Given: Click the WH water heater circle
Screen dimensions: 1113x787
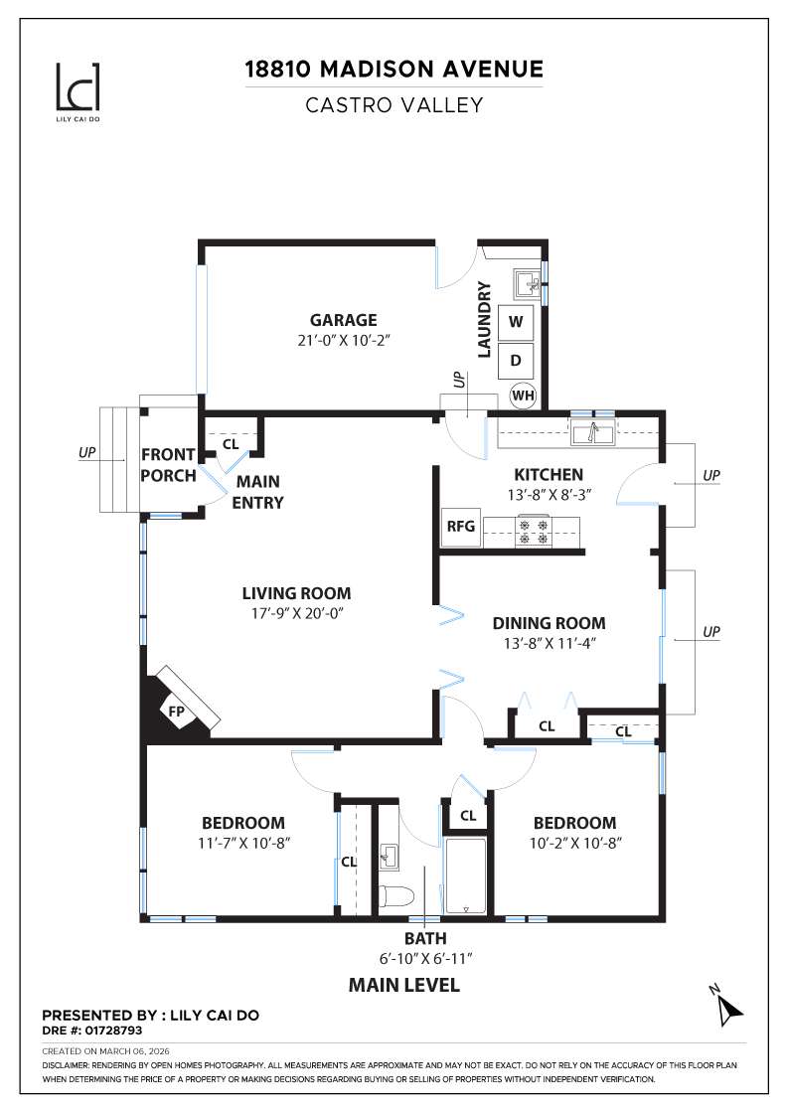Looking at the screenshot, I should pos(523,396).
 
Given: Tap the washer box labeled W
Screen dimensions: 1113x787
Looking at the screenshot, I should pos(516,322).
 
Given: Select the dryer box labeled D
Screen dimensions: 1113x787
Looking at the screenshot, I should pos(516,360).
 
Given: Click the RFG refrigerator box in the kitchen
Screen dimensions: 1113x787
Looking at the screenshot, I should pos(460,528).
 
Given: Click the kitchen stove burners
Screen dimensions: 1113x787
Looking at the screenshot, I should pos(532,531).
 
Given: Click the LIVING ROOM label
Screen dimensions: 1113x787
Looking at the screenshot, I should pos(296,593).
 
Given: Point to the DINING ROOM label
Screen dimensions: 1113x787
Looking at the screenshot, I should pos(549,623).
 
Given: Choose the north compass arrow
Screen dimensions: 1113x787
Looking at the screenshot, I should pos(727,1008).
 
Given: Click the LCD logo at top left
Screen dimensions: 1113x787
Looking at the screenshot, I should pos(77,88).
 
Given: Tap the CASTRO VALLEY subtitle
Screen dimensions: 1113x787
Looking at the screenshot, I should pos(393,104).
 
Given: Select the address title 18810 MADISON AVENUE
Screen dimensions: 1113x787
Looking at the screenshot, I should pos(393,70).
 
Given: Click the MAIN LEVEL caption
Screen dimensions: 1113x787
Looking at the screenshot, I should pos(403,985).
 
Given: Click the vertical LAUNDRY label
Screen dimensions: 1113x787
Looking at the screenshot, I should pos(485,319).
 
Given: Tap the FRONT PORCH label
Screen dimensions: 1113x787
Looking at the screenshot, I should pos(168,464).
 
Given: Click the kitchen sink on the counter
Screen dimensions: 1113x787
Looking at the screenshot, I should pos(593,432).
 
